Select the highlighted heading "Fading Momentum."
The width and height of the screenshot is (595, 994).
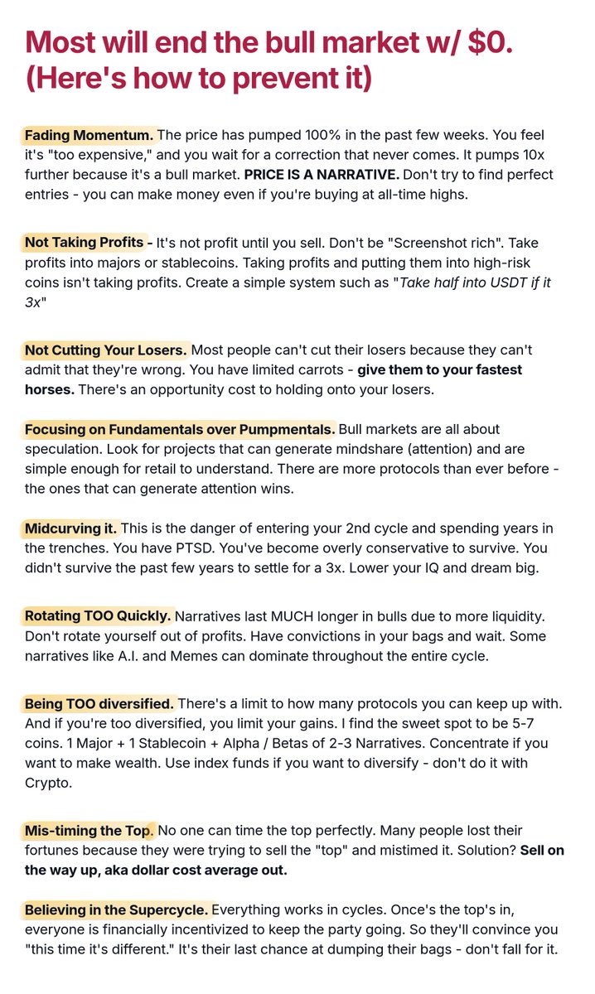[x=89, y=134]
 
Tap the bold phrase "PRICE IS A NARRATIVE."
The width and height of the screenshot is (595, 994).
[x=322, y=175]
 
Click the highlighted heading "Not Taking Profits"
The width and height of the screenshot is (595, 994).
[x=84, y=242]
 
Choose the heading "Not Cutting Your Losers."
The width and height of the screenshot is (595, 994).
[x=105, y=349]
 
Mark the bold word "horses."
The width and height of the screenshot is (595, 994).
[x=51, y=389]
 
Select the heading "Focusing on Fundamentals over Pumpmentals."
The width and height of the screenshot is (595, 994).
[x=180, y=429]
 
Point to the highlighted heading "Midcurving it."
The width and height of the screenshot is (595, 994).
[x=71, y=528]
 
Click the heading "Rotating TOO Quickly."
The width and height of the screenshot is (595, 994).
[x=98, y=615]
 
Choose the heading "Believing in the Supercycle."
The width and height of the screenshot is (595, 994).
[x=116, y=910]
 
